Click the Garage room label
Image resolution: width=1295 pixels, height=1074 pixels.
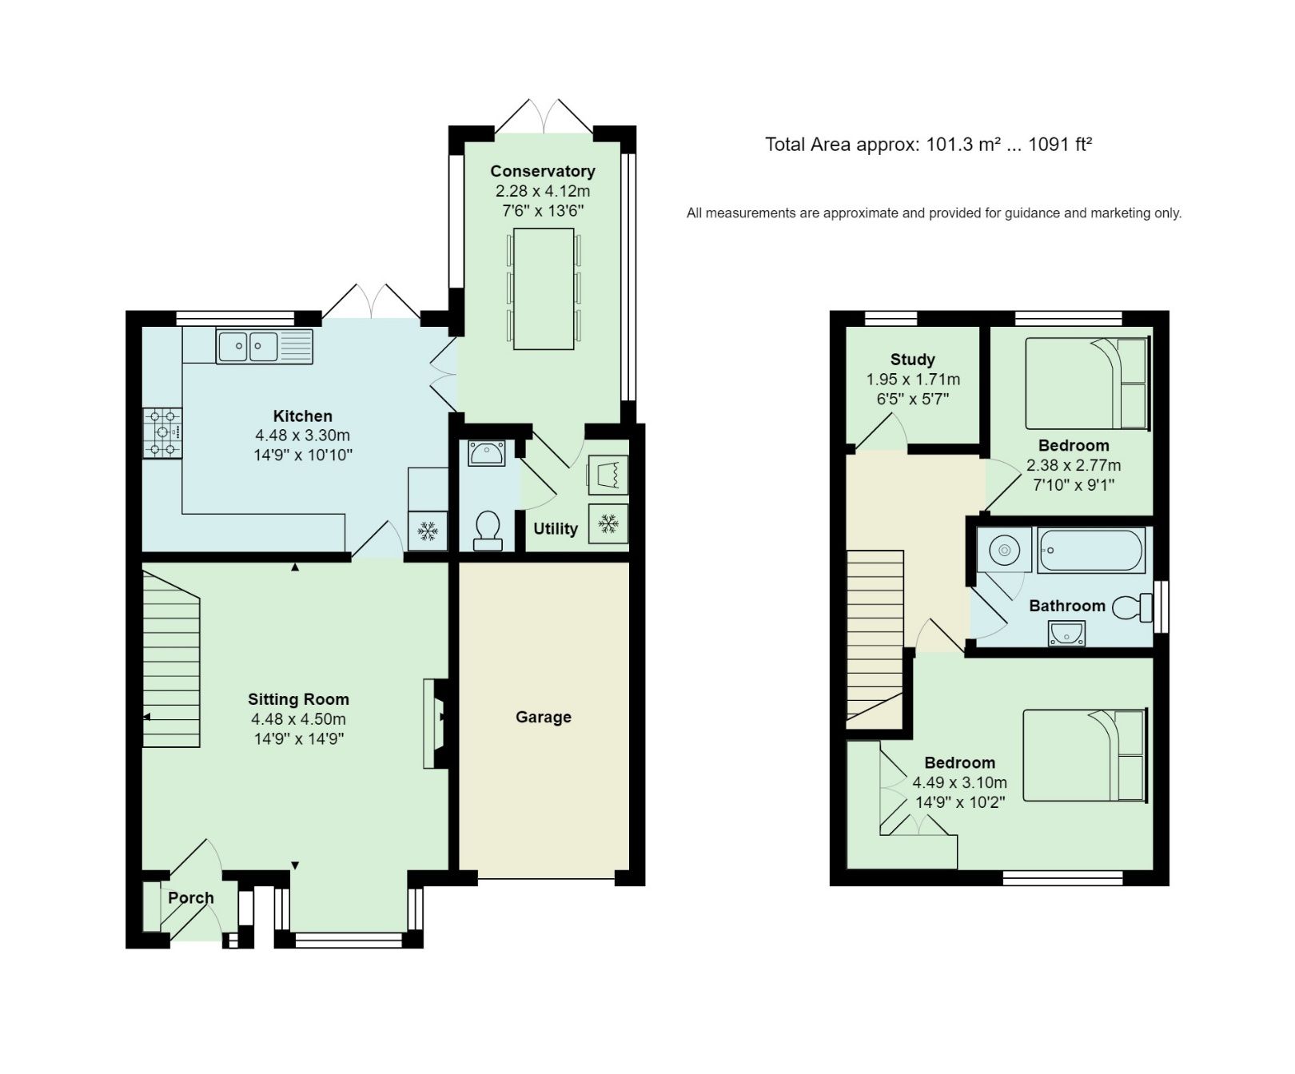click(543, 717)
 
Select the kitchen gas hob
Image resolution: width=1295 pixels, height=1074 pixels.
click(162, 432)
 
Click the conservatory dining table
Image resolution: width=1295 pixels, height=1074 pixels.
click(544, 288)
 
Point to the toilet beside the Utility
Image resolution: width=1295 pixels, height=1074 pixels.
click(487, 530)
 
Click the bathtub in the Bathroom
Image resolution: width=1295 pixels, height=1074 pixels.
click(1091, 551)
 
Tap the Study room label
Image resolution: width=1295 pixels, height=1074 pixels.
click(912, 360)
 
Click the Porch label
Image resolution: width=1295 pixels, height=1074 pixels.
click(190, 897)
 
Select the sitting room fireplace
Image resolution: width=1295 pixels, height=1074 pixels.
click(436, 723)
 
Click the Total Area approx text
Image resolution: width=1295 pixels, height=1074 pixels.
click(927, 145)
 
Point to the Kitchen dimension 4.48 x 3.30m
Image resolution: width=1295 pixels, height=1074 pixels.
click(302, 436)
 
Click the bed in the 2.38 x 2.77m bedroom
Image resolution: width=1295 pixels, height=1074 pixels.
click(1086, 384)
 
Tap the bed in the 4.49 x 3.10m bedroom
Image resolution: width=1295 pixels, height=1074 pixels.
click(1084, 755)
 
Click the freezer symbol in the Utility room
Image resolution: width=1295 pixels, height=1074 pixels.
click(608, 524)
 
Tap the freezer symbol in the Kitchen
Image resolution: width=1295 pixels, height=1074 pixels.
click(428, 531)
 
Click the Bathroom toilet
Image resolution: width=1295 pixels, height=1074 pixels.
click(1130, 607)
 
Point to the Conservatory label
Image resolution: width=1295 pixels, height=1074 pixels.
click(542, 171)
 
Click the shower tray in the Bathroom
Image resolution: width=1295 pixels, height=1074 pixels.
click(1004, 550)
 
